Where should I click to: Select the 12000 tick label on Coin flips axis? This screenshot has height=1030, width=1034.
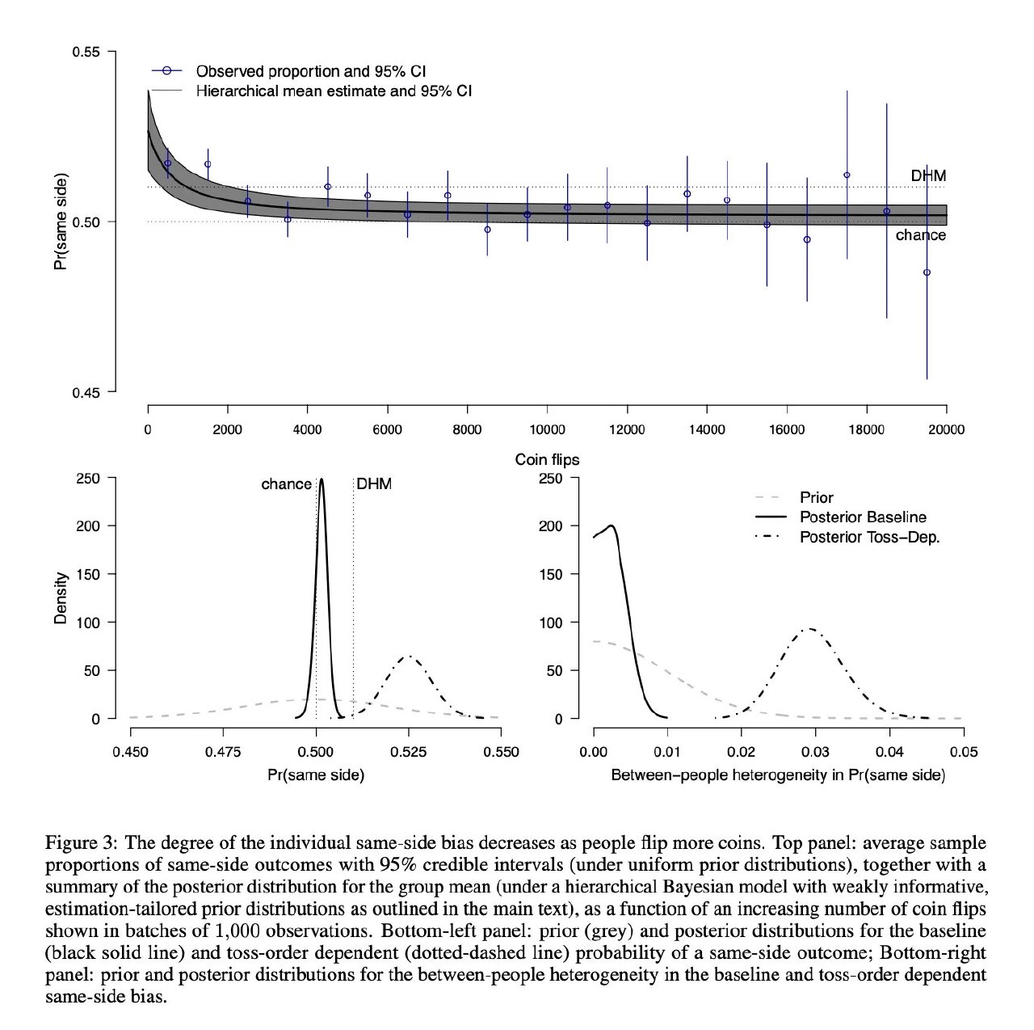(626, 430)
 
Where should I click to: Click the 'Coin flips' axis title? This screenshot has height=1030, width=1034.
(547, 460)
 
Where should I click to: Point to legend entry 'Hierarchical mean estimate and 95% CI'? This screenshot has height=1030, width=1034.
(334, 91)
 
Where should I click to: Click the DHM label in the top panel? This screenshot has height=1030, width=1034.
(928, 175)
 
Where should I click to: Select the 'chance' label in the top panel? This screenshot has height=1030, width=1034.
(920, 235)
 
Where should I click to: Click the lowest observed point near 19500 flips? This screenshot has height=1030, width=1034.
(927, 272)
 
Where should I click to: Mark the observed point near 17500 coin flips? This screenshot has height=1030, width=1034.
(847, 175)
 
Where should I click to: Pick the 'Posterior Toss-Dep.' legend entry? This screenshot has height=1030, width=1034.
(869, 537)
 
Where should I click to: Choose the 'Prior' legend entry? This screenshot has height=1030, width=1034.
(816, 498)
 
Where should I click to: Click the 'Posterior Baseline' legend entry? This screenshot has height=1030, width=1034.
(863, 517)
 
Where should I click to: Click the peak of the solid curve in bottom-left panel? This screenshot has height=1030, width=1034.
(322, 479)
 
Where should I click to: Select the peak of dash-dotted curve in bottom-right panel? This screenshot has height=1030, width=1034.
(809, 629)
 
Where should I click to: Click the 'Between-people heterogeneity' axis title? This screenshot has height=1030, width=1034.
(778, 775)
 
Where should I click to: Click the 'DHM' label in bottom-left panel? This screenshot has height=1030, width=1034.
(374, 484)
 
